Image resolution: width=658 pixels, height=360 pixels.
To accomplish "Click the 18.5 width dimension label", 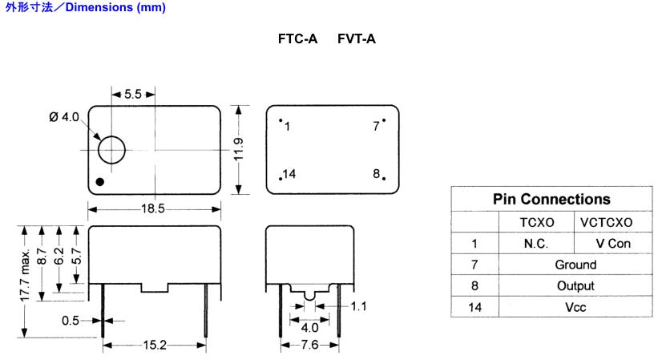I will pos(155,208).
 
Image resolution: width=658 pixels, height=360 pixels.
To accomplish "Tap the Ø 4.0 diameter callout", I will pos(64,117).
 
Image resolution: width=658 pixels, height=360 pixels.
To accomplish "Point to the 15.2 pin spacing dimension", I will pos(155,346).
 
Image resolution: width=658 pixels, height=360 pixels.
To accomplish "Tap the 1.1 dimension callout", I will pos(360,306).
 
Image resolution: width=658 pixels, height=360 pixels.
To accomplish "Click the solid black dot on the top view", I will pos(100,181).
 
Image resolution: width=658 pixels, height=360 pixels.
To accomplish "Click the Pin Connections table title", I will pos(551,199).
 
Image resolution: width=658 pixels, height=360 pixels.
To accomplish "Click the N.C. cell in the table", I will pos(535,243).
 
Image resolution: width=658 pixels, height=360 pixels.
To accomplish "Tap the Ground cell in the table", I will pos(575,264).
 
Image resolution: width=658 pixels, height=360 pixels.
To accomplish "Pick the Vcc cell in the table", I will pos(575,305).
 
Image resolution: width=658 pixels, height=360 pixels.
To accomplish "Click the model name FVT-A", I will pos(357,38).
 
